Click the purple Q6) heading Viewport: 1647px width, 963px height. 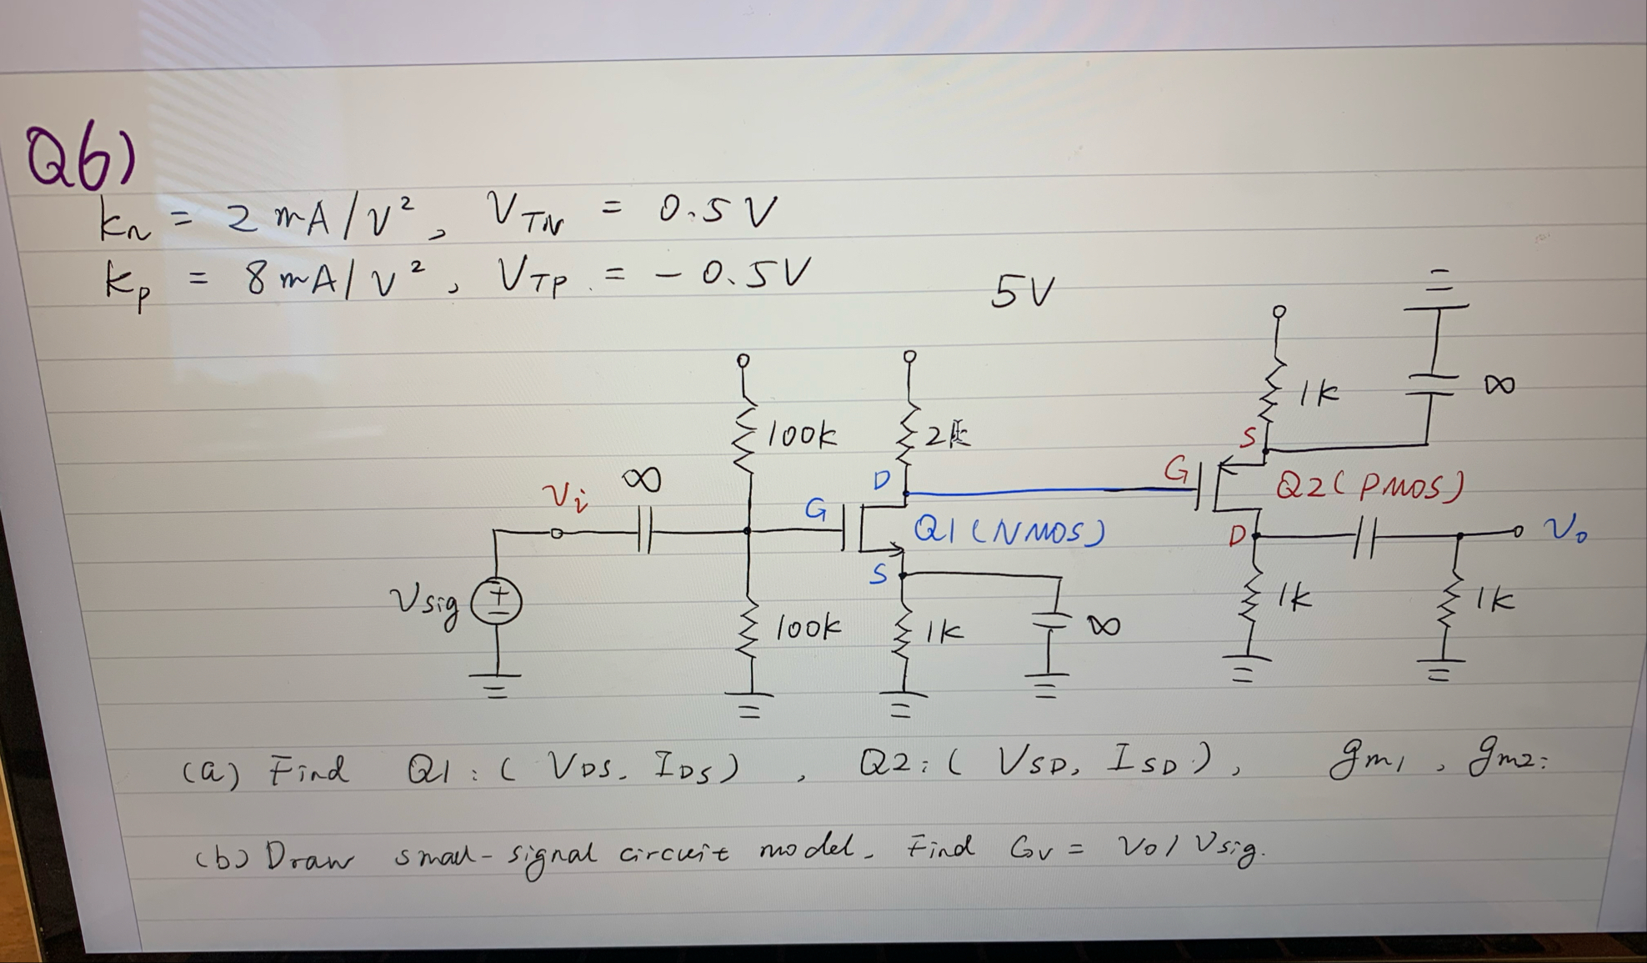pyautogui.click(x=79, y=158)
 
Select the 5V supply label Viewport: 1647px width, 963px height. pyautogui.click(x=1022, y=293)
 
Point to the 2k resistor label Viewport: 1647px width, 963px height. pyautogui.click(x=948, y=435)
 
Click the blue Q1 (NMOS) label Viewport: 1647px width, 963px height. pyautogui.click(x=1009, y=531)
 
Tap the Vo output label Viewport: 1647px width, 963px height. pyautogui.click(x=1564, y=529)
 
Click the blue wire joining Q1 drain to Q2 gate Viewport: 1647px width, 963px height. pyautogui.click(x=1050, y=491)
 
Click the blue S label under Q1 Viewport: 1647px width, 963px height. pyautogui.click(x=879, y=574)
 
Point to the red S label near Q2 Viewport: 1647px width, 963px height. pyautogui.click(x=1248, y=437)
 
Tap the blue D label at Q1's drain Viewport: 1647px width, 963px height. pyautogui.click(x=881, y=480)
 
